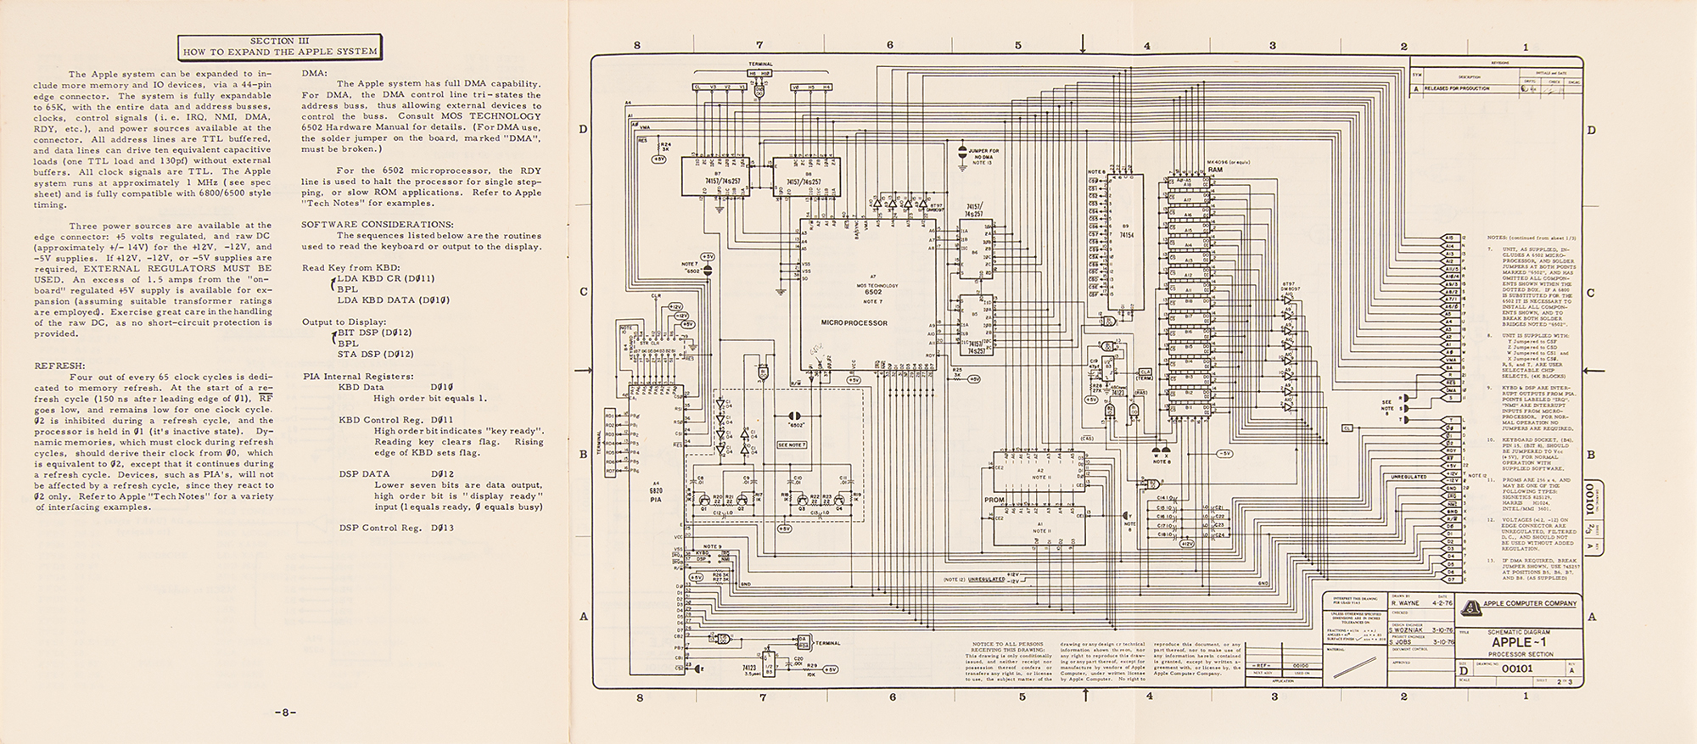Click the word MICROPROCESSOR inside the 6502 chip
click(x=854, y=323)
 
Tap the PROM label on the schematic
click(x=994, y=500)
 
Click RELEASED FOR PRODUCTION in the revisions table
click(x=1460, y=88)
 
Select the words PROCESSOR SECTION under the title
click(x=1521, y=654)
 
